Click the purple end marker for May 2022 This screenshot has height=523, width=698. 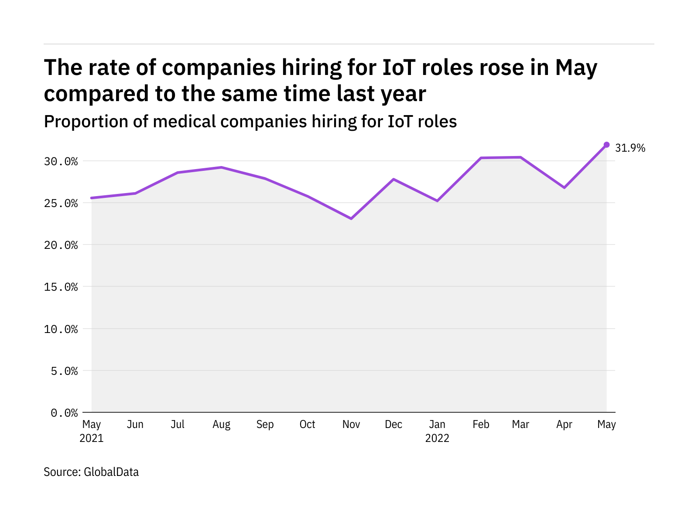(x=606, y=145)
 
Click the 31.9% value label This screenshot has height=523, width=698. (x=630, y=148)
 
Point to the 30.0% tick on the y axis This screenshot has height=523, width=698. (x=61, y=162)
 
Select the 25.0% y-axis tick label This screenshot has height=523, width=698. (x=61, y=204)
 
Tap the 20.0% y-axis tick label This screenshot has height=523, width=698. (x=61, y=245)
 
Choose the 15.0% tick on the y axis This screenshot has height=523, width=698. (x=61, y=287)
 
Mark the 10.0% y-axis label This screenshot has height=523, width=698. (x=61, y=329)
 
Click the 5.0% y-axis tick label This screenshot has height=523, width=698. (x=64, y=371)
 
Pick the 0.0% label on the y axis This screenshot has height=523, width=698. (x=64, y=413)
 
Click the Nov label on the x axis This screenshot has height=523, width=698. (x=351, y=425)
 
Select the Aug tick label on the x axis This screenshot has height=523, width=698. (x=221, y=425)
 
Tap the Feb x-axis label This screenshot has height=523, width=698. (x=481, y=425)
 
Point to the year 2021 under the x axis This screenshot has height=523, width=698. (x=92, y=438)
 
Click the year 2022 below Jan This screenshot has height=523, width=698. (x=437, y=438)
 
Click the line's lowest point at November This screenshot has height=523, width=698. (x=351, y=218)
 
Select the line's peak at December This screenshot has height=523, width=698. (x=393, y=179)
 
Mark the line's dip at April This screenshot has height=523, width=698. (x=564, y=187)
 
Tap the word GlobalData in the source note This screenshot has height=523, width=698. (x=111, y=472)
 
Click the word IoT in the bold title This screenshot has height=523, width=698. (x=400, y=68)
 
